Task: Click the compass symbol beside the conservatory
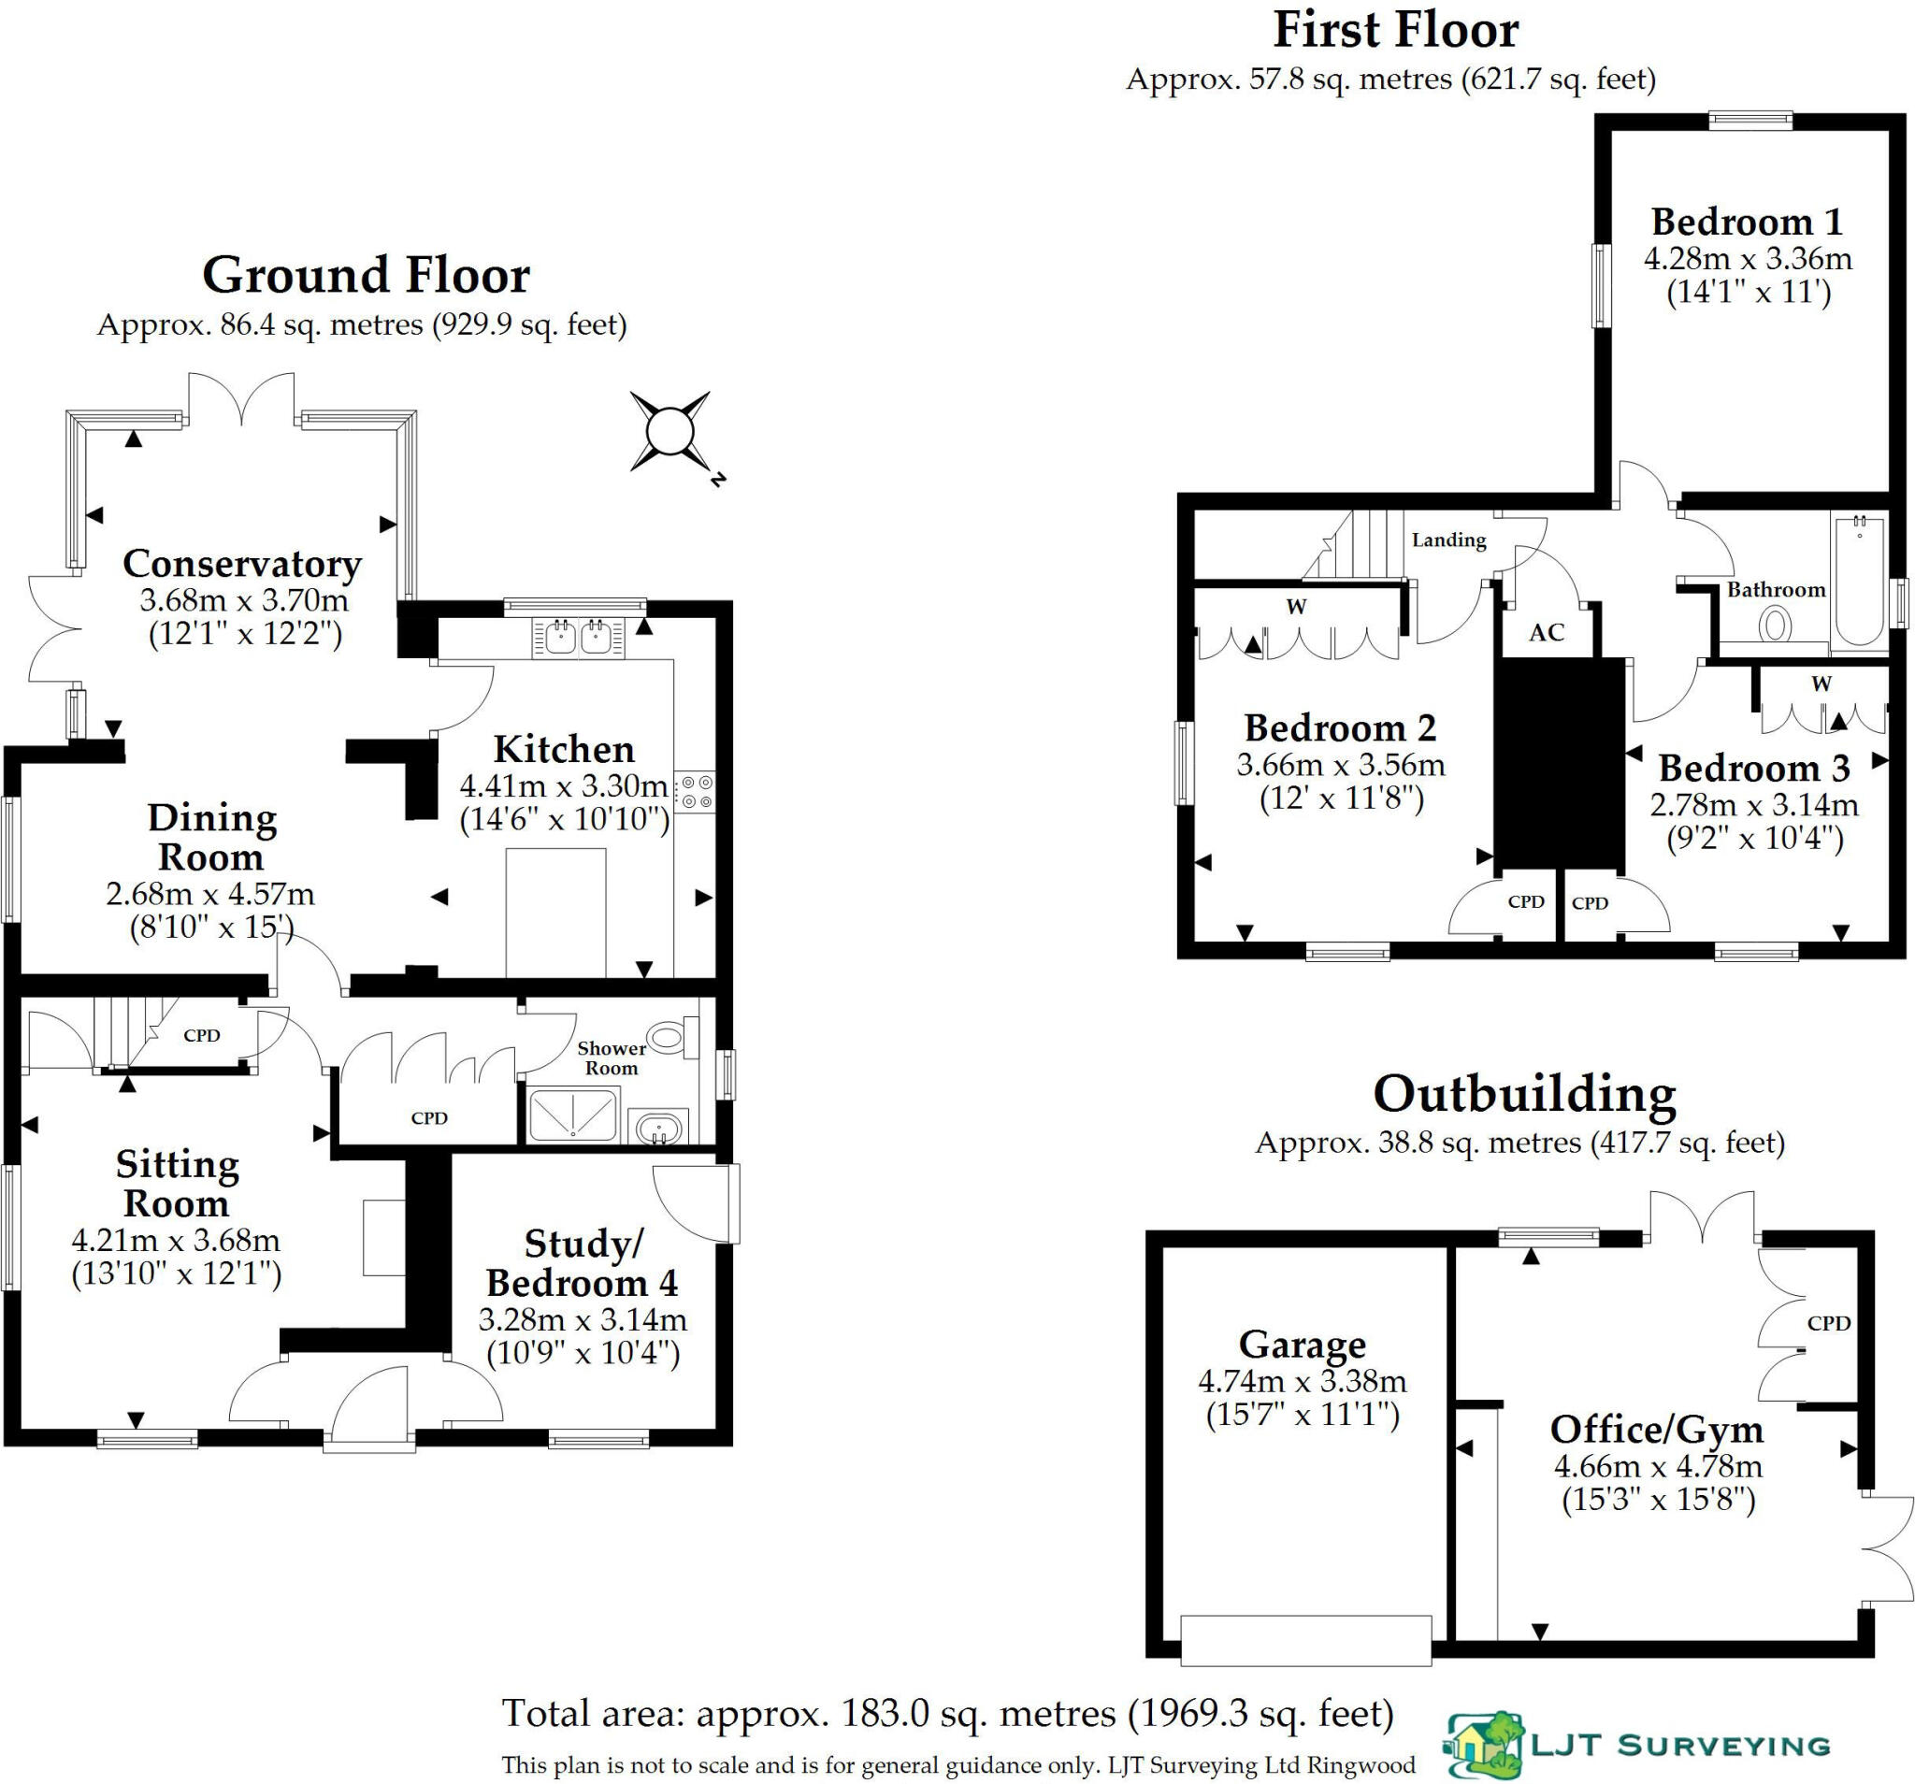coord(670,431)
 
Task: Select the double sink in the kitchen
coord(577,637)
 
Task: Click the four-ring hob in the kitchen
coord(696,791)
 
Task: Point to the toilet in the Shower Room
coord(668,1039)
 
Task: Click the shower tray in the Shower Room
coord(572,1115)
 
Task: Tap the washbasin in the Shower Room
coord(659,1125)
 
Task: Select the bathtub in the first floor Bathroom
coord(1859,580)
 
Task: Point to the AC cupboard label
coord(1546,633)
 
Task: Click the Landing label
coord(1448,540)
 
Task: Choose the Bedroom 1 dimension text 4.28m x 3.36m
coord(1748,259)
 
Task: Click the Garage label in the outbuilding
coord(1302,1345)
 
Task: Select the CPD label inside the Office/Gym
coord(1828,1324)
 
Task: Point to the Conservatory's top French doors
coord(241,399)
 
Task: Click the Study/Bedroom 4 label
coord(582,1263)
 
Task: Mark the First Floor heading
coord(1396,31)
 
